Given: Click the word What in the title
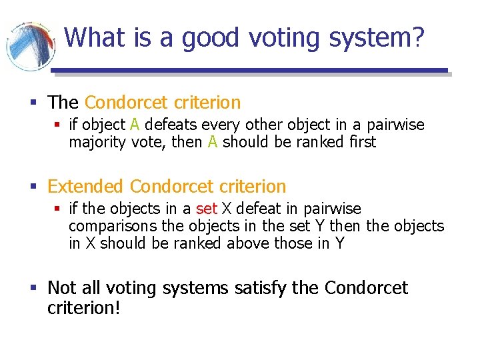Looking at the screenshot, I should point(95,37).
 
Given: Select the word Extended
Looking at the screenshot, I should point(86,187).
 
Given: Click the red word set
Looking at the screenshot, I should point(207,209).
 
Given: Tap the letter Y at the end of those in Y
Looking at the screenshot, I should point(340,243).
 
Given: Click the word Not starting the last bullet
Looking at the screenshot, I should point(62,288).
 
